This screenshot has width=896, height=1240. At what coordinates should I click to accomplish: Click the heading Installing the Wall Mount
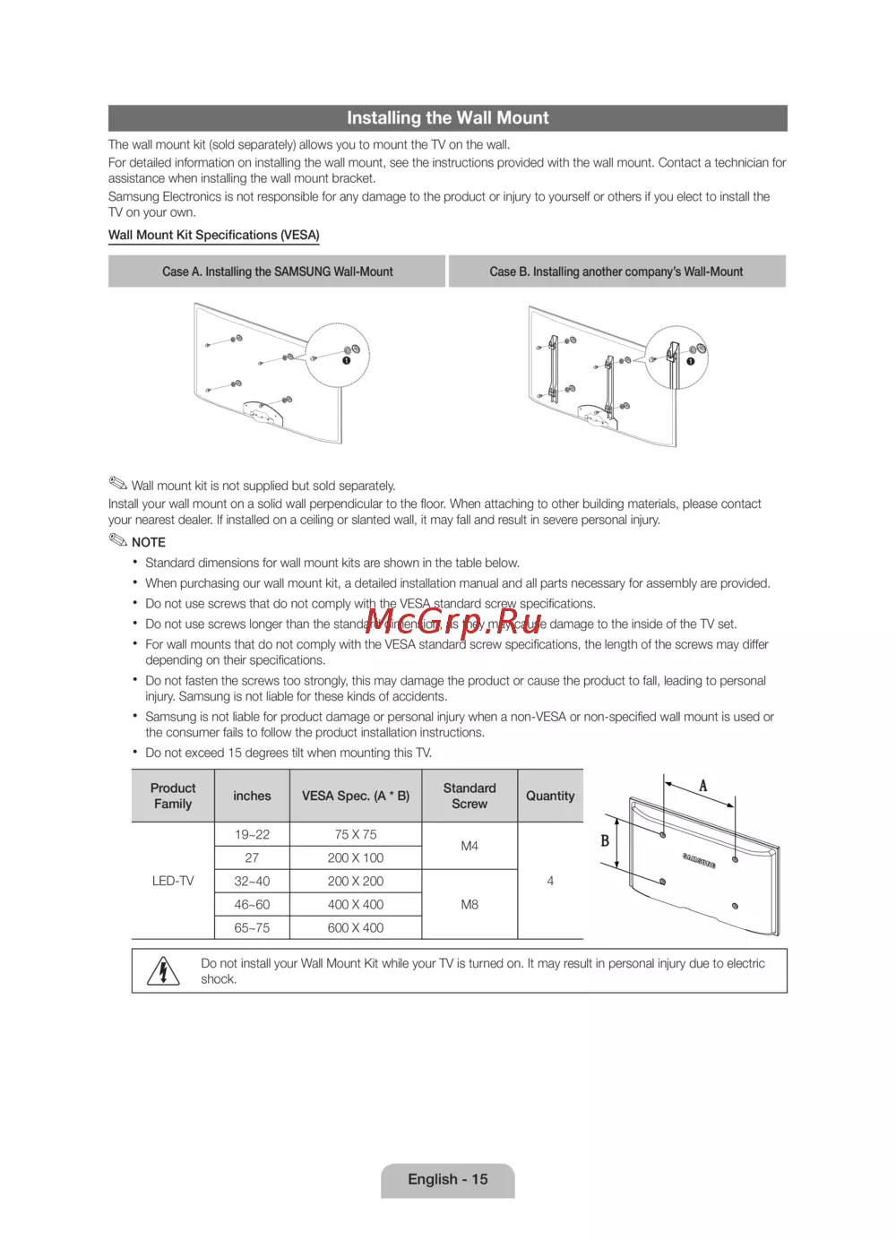coord(447,118)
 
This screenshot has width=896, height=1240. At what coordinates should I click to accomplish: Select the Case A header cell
coord(277,271)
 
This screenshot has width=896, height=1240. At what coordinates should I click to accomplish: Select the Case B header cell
coord(616,271)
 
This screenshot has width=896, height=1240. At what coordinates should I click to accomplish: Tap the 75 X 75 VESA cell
coord(355,834)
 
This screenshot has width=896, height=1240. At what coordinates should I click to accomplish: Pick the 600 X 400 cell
coord(355,928)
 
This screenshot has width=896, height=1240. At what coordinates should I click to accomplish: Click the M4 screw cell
coord(470,846)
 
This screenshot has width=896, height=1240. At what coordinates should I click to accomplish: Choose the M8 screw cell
coord(470,905)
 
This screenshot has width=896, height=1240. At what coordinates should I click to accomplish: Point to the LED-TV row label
coord(173,881)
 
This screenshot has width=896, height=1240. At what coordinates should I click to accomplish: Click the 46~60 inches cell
coord(252,905)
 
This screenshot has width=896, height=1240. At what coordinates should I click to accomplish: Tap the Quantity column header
coord(550,796)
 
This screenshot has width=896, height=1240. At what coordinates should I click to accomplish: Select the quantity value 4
coord(550,881)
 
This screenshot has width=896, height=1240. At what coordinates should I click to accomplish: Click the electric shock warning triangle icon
coord(163,970)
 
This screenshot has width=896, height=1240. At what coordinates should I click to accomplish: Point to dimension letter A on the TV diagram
coord(703,786)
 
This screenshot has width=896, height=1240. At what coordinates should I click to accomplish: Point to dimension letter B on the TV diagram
coord(605,840)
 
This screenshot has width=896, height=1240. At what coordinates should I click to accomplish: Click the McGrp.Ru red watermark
coord(454,621)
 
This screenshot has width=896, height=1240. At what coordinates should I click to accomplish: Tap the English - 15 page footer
coord(448,1179)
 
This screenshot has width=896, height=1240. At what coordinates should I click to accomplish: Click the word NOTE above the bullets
coord(149,542)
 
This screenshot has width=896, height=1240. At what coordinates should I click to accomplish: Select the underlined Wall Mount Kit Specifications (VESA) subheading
coord(214,235)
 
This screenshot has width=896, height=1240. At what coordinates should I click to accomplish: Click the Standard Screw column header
coord(470,796)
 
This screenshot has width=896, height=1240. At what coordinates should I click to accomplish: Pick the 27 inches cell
coord(252,857)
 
